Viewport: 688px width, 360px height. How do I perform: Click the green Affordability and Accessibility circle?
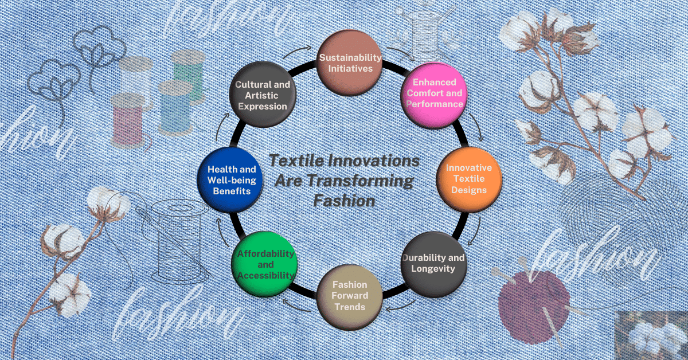click(263, 263)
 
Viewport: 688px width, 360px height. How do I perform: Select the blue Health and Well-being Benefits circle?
click(229, 179)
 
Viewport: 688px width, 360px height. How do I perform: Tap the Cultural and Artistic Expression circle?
click(263, 95)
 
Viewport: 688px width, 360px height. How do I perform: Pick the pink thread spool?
click(127, 118)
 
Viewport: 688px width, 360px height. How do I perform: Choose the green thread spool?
click(188, 72)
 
